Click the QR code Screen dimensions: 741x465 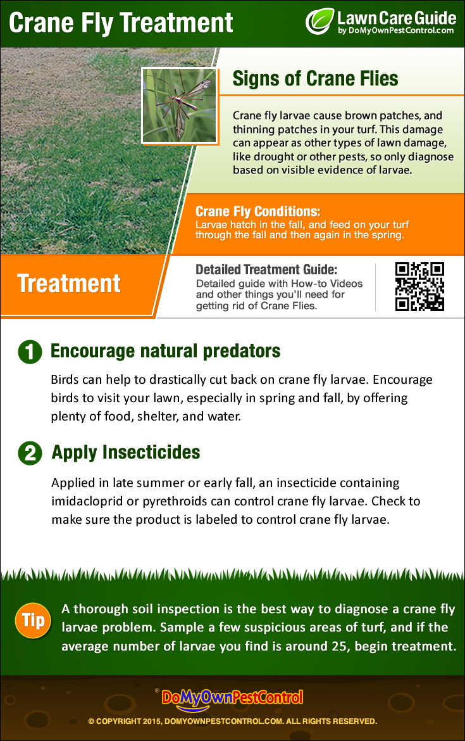419,286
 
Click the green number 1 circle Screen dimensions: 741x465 30,352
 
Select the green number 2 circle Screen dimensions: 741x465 30,453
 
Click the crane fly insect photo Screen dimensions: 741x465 180,105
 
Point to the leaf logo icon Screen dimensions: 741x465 319,21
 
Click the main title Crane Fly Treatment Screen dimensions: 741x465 121,23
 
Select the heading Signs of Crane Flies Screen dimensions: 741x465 315,79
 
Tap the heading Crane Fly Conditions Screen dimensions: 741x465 257,212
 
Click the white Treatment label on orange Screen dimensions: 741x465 69,283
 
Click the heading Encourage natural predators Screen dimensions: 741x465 166,351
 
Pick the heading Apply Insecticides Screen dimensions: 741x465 126,452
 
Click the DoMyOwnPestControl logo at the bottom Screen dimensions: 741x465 232,698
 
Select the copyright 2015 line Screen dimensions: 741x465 232,721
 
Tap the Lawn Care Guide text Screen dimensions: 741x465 396,16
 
